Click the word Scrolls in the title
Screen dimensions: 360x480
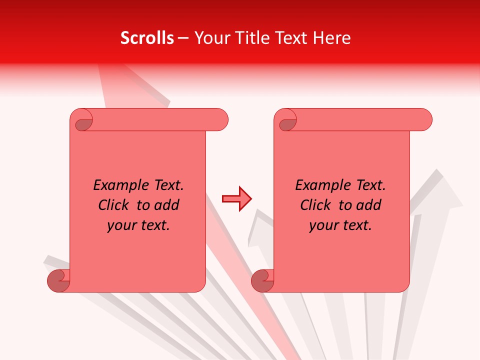pyautogui.click(x=147, y=38)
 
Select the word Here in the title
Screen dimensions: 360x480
pyautogui.click(x=331, y=38)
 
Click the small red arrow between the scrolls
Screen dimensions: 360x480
pyautogui.click(x=236, y=199)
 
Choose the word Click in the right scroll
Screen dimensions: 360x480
pyautogui.click(x=315, y=205)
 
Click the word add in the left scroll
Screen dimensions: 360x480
pyautogui.click(x=167, y=205)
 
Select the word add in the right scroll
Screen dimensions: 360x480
pyautogui.click(x=369, y=205)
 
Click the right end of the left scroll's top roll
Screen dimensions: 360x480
pyautogui.click(x=220, y=120)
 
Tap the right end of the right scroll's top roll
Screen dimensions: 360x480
pyautogui.click(x=424, y=120)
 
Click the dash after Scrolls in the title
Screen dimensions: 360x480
pyautogui.click(x=183, y=38)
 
